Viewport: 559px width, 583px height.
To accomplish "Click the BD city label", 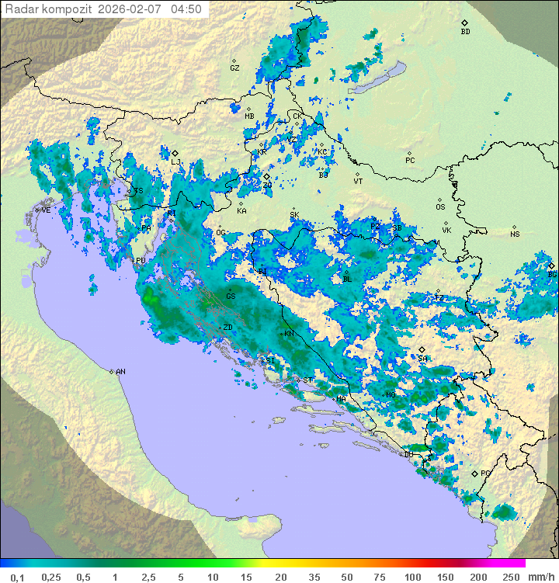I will click(x=465, y=32).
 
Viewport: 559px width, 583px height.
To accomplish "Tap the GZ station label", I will click(x=234, y=68).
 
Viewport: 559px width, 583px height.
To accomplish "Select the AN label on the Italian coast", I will click(x=120, y=372).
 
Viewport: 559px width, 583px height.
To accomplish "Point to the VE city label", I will click(x=46, y=210).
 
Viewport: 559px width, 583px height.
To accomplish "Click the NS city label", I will click(x=515, y=234).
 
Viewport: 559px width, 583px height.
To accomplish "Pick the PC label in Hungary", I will click(x=410, y=161).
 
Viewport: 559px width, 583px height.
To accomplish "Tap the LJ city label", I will click(x=175, y=162).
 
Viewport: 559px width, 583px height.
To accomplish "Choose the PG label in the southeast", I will click(x=485, y=473).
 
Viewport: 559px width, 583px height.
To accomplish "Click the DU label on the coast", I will click(x=408, y=454).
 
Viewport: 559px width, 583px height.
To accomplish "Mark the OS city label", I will click(x=440, y=207).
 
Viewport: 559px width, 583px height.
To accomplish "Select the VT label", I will click(x=358, y=181).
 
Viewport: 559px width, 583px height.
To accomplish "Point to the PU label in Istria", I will click(x=141, y=261).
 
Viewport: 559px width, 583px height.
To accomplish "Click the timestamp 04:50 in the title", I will click(x=186, y=9).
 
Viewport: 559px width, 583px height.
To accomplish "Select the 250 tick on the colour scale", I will click(x=511, y=576).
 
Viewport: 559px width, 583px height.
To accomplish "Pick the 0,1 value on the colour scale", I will click(x=17, y=576).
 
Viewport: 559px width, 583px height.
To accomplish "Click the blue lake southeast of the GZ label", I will click(x=381, y=77).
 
